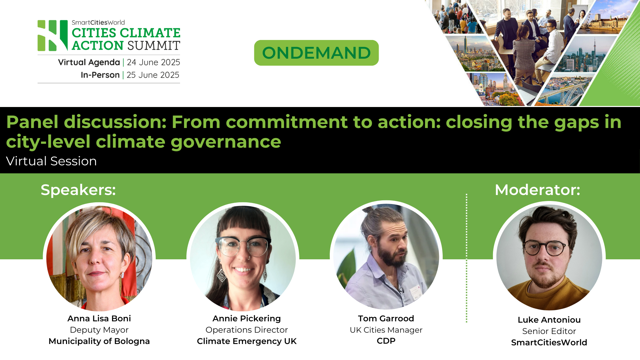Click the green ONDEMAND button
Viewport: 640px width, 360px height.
[316, 53]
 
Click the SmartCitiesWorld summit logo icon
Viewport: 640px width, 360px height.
[53, 35]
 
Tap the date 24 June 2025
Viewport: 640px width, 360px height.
[153, 62]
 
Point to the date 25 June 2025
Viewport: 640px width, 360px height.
[153, 75]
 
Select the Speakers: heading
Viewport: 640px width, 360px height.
[78, 190]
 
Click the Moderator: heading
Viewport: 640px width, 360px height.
[537, 190]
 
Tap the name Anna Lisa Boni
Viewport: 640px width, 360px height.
[99, 318]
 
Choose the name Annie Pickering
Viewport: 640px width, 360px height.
[247, 318]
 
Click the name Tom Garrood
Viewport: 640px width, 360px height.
[386, 318]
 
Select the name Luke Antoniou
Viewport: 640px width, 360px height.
[549, 320]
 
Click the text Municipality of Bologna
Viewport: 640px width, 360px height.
[99, 341]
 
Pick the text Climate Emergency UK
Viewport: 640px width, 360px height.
[247, 341]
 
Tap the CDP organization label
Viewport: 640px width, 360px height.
[386, 341]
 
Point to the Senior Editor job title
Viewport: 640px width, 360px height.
[549, 331]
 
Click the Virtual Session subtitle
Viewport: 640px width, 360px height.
[51, 161]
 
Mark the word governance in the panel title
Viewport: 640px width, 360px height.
[226, 142]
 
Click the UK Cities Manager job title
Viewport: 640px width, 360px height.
[386, 330]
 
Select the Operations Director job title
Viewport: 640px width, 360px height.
[247, 330]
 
